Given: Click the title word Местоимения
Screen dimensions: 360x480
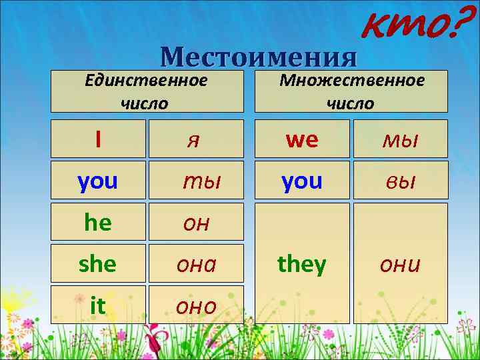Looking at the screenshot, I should click(x=259, y=57).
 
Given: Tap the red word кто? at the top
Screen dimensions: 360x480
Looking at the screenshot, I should click(x=411, y=25).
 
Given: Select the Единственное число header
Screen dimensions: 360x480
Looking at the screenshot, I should click(x=145, y=91).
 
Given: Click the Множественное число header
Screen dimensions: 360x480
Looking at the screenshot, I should click(x=351, y=91).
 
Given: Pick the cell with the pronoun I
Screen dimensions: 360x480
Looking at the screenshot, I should click(x=98, y=139).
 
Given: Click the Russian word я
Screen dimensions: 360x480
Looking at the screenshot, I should click(x=194, y=140).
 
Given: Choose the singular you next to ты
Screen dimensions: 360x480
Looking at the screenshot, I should click(x=97, y=181).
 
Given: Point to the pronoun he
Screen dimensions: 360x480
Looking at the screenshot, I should click(x=98, y=223).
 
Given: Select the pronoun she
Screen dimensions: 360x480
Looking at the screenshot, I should click(x=97, y=264).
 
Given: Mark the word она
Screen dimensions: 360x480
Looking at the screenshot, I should click(x=196, y=265).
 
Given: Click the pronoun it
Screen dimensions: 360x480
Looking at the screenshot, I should click(x=97, y=305).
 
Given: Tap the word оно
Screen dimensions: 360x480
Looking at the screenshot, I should click(x=196, y=307).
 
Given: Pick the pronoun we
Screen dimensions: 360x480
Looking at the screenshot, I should click(x=302, y=139).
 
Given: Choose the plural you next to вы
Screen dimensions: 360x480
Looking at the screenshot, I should click(x=302, y=181).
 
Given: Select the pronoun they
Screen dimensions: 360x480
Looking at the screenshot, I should click(x=302, y=264).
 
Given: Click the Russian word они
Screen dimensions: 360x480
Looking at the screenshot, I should click(x=400, y=265).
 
